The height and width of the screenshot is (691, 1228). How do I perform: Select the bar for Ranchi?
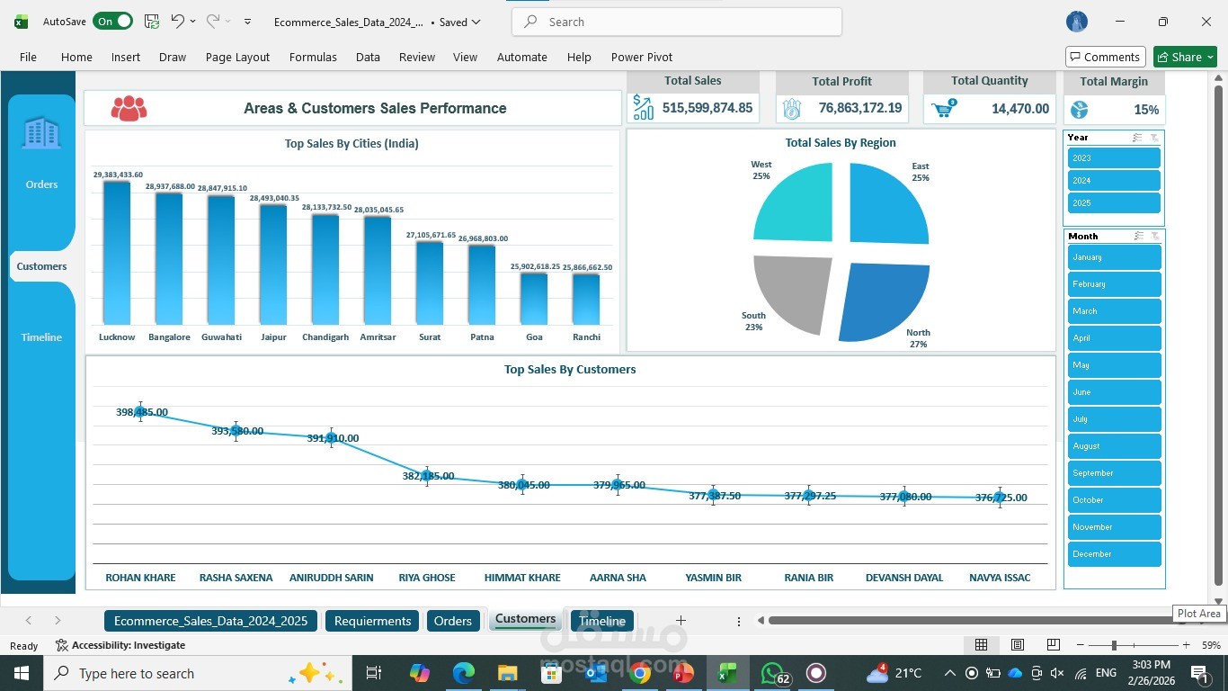pyautogui.click(x=586, y=299)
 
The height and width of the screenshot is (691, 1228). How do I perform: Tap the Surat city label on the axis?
pyautogui.click(x=430, y=337)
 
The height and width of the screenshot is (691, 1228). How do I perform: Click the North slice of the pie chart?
pyautogui.click(x=882, y=301)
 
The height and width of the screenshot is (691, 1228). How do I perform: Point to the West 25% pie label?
pyautogui.click(x=761, y=170)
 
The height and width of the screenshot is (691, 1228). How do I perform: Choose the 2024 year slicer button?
pyautogui.click(x=1114, y=181)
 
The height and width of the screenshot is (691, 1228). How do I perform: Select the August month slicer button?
pyautogui.click(x=1114, y=446)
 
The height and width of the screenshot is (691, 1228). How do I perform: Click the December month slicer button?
pyautogui.click(x=1114, y=554)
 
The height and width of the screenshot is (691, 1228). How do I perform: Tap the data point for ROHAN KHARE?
pyautogui.click(x=140, y=411)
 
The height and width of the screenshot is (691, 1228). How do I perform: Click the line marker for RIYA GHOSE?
pyautogui.click(x=427, y=476)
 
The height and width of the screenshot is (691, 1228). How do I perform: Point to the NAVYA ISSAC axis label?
pyautogui.click(x=1000, y=578)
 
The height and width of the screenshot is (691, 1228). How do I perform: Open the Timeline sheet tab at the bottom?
pyautogui.click(x=601, y=621)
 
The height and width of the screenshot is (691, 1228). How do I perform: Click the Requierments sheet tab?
pyautogui.click(x=372, y=621)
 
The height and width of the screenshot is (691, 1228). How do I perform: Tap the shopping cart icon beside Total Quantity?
pyautogui.click(x=943, y=109)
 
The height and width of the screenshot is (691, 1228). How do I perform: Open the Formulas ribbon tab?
pyautogui.click(x=313, y=57)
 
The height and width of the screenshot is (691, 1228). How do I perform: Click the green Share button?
pyautogui.click(x=1185, y=57)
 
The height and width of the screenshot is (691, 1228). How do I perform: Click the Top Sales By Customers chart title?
pyautogui.click(x=570, y=369)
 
